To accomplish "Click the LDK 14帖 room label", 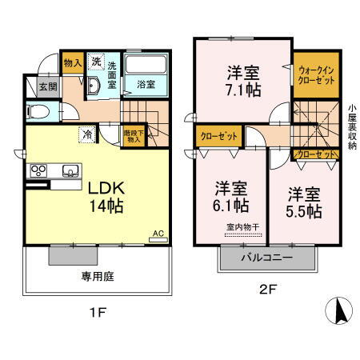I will pyautogui.click(x=105, y=198).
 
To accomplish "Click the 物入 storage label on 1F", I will pyautogui.click(x=72, y=62).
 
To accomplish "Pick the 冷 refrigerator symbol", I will pyautogui.click(x=85, y=135).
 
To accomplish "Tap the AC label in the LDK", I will pyautogui.click(x=158, y=234).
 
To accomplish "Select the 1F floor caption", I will pyautogui.click(x=98, y=313).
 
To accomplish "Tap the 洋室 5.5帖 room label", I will pyautogui.click(x=304, y=203).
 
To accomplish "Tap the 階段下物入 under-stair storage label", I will pyautogui.click(x=132, y=137).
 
